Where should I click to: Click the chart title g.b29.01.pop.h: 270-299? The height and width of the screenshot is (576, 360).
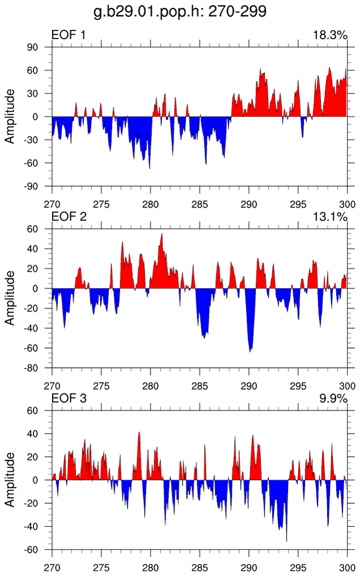[180, 11]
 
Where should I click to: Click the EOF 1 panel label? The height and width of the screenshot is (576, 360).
[69, 36]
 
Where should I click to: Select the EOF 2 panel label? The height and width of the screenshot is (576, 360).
[69, 217]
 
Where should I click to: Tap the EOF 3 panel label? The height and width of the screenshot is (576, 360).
[69, 398]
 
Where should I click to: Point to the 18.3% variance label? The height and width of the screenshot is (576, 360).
[329, 36]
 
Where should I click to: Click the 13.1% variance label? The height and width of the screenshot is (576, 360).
[329, 217]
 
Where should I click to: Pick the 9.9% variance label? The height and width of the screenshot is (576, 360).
[333, 398]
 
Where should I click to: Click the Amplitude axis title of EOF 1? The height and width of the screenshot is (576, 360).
[10, 117]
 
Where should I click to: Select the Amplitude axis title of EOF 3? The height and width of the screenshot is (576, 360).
[10, 480]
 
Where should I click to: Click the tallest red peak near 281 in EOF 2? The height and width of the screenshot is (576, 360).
[162, 235]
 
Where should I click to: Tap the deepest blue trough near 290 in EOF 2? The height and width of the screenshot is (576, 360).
[250, 350]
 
